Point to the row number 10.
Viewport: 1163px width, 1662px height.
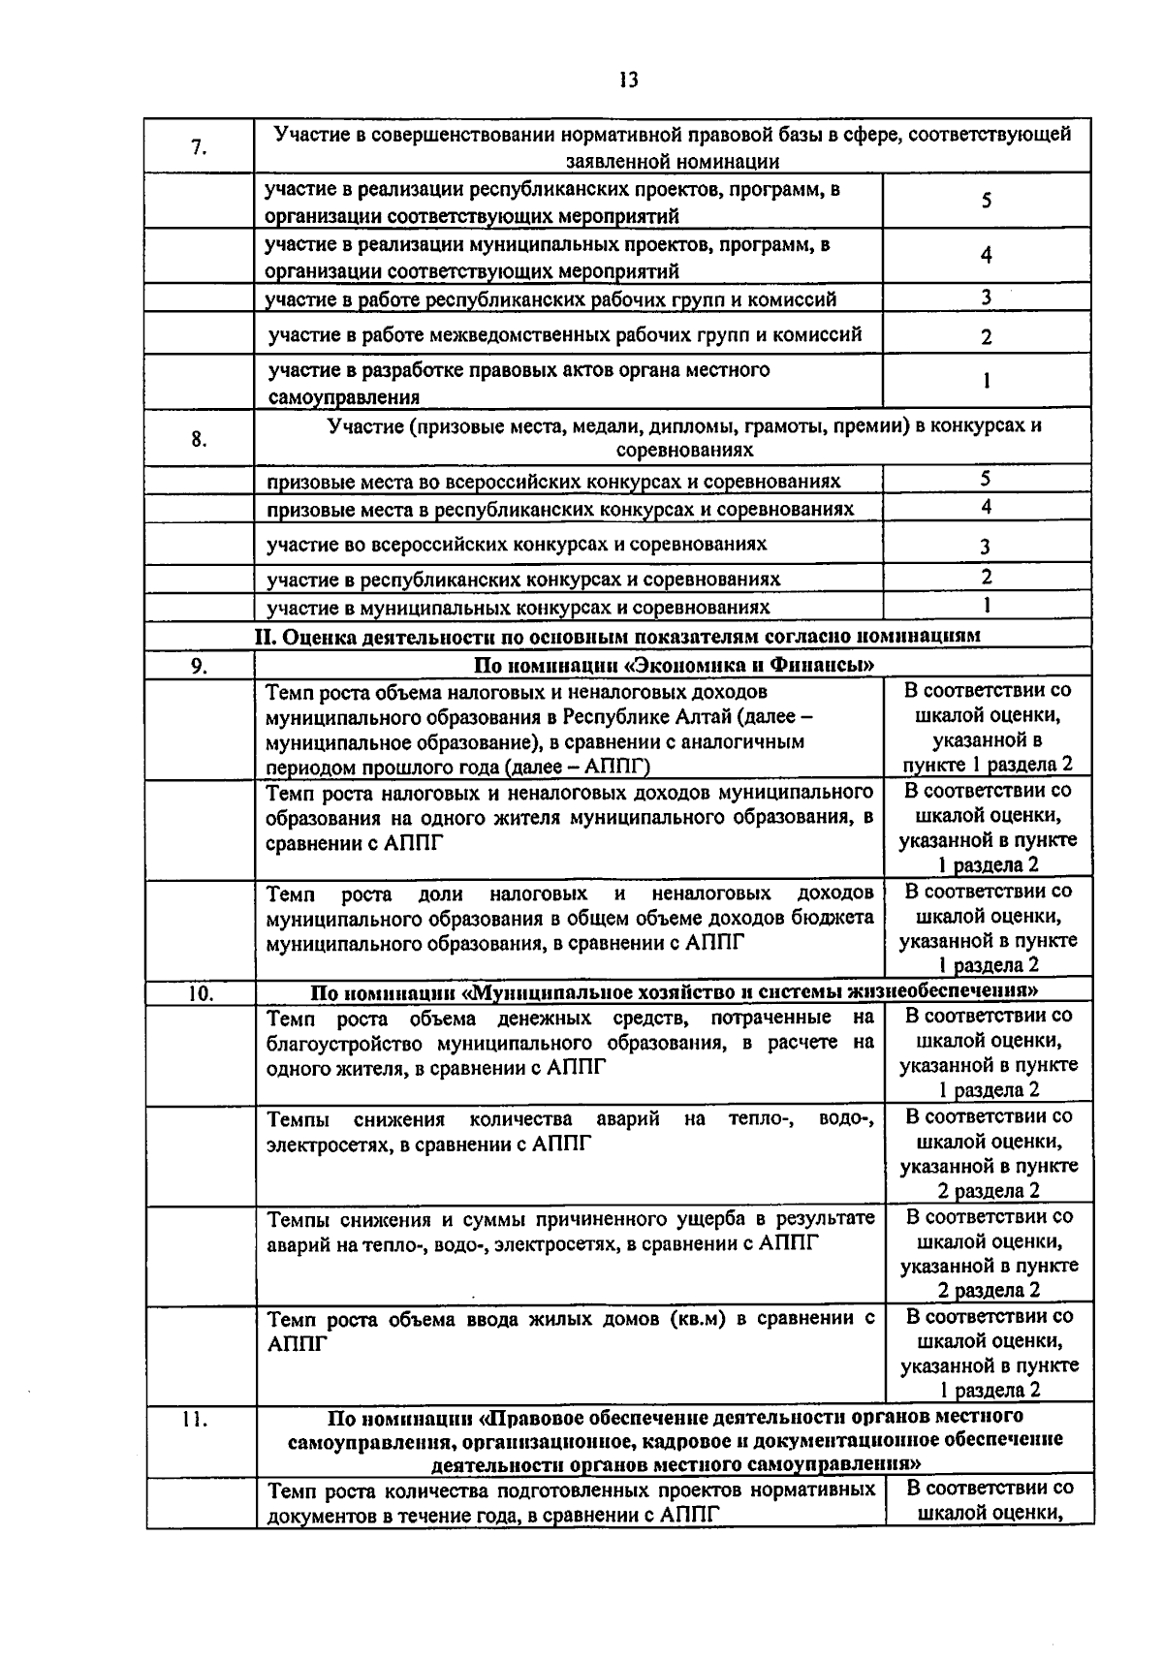(200, 992)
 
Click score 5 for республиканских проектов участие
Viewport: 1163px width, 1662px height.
(986, 201)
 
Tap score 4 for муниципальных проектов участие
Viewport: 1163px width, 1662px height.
(986, 256)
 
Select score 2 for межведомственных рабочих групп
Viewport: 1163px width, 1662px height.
(986, 337)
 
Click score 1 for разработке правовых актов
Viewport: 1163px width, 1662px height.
(986, 381)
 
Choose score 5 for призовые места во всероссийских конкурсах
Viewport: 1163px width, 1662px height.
(986, 479)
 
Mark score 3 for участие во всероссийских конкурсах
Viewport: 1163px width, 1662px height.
(986, 547)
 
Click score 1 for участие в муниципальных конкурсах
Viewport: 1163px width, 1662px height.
(986, 606)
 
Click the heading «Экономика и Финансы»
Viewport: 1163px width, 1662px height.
(674, 665)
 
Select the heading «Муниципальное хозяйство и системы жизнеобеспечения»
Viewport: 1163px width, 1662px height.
(674, 992)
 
